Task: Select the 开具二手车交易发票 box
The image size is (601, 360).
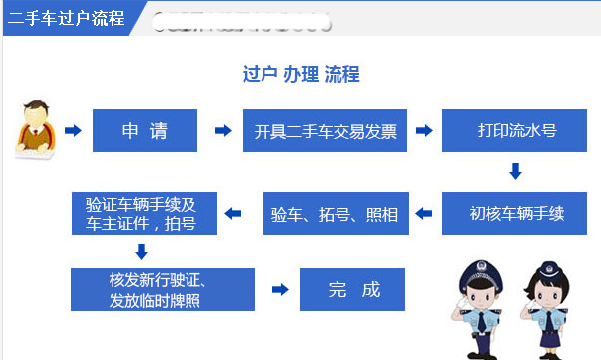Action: tap(325, 130)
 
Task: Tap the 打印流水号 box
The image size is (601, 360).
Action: tap(515, 130)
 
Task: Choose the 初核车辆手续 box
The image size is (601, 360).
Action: tap(515, 213)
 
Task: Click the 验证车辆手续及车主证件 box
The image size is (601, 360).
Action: tap(140, 213)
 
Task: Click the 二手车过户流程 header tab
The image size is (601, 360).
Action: tap(67, 18)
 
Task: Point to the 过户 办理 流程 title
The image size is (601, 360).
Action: tap(300, 75)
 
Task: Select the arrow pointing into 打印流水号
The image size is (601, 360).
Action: tap(425, 130)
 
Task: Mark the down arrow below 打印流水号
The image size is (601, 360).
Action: tap(515, 172)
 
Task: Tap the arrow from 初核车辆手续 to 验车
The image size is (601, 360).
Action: tap(425, 213)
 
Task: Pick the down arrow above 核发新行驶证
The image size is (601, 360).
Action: tap(141, 252)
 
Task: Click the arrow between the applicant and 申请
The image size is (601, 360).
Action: tap(72, 130)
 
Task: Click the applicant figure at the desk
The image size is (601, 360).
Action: tap(36, 128)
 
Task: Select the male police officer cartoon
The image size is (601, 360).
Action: tap(481, 306)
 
